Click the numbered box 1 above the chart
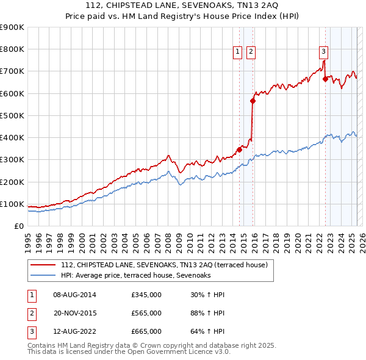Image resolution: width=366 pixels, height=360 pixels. click(237, 52)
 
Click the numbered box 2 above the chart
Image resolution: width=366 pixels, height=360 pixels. click(251, 52)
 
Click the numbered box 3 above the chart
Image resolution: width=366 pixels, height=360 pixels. click(323, 52)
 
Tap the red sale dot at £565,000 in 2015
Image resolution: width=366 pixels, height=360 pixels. click(253, 101)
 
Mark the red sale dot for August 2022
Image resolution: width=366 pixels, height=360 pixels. click(326, 79)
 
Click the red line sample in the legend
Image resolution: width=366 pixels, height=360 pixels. click(43, 265)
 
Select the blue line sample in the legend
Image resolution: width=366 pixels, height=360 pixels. click(43, 276)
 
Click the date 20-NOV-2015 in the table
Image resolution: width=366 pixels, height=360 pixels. click(75, 313)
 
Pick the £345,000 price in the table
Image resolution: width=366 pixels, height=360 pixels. click(146, 295)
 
